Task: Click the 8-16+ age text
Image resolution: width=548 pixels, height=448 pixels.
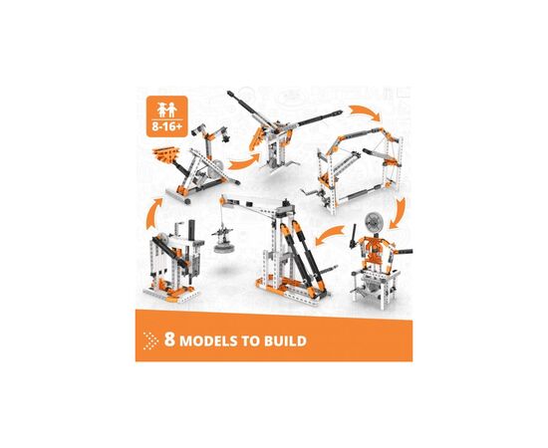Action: coord(166,126)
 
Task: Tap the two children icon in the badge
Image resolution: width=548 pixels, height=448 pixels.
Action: coord(166,110)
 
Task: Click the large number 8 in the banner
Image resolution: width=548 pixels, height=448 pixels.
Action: coord(169,339)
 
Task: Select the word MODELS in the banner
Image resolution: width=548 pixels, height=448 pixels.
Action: coord(208,341)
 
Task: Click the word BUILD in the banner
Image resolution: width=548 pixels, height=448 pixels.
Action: coord(285,341)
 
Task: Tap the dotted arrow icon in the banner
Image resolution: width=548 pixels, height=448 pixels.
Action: coord(151,340)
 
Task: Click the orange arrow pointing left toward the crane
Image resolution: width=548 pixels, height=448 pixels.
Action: coord(329,234)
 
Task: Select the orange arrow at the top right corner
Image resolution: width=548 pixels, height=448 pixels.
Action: coord(364,112)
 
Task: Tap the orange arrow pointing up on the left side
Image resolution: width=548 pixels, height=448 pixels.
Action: coord(154,213)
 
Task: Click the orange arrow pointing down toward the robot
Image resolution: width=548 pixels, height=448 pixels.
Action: coord(399,213)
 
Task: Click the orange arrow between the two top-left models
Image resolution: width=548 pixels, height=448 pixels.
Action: coord(245,161)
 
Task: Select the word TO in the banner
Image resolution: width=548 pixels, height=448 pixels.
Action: coord(250,341)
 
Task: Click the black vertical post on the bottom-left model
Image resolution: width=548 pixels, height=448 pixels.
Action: coord(191,231)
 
